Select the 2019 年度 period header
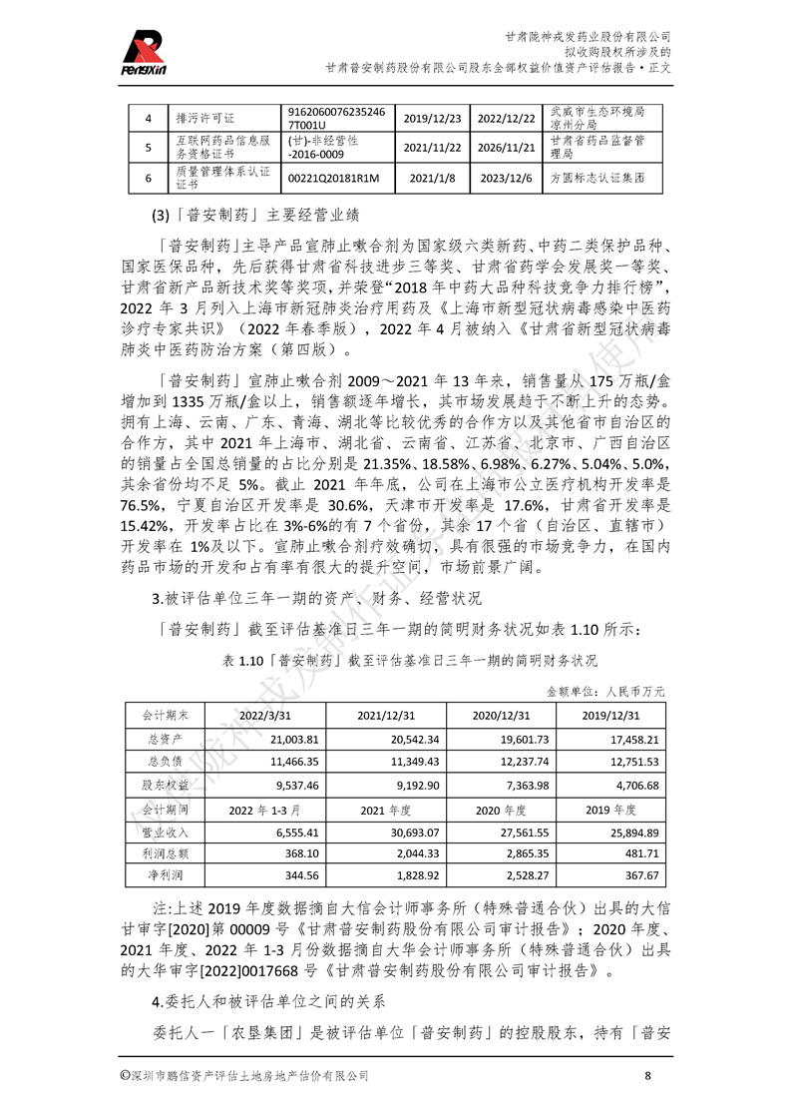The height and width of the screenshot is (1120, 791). click(610, 809)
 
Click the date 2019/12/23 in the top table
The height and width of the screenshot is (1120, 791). click(433, 118)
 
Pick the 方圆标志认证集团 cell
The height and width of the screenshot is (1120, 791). click(597, 179)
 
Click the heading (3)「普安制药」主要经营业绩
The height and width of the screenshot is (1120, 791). click(255, 214)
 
